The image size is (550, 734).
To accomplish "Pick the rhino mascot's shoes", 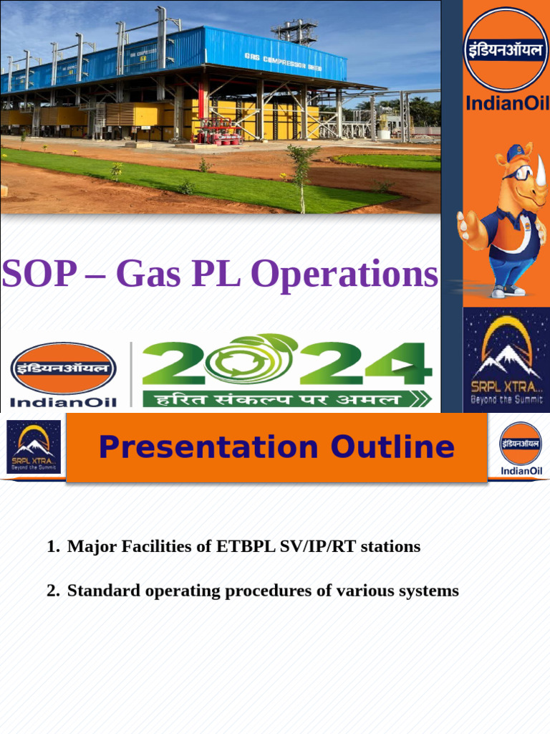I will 508,290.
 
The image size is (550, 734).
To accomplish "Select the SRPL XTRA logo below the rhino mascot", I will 506,359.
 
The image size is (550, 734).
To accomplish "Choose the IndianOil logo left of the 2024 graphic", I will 63,375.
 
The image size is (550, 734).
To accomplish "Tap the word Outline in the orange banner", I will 392,447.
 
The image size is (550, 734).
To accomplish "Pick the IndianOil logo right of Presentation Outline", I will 521,449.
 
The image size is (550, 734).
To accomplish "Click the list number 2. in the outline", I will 53,591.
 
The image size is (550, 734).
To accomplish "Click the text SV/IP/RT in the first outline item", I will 312,547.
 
